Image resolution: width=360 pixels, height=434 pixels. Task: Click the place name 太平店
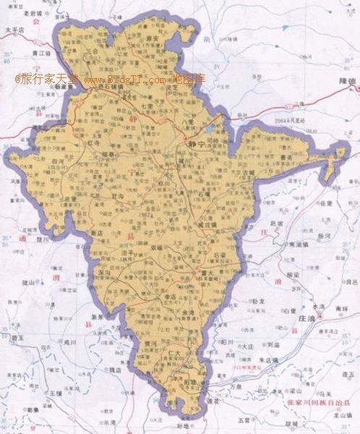click(x=15, y=30)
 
